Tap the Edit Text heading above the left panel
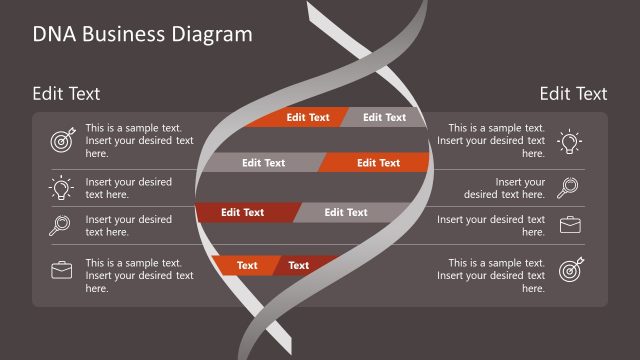pos(66,94)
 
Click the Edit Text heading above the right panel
pos(573,94)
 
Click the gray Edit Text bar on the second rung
pos(264,162)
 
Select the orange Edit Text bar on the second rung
pos(376,162)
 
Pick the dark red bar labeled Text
pos(299,265)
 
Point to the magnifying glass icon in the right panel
pos(569,187)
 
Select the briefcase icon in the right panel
pos(569,225)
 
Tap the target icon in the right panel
pos(571,269)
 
